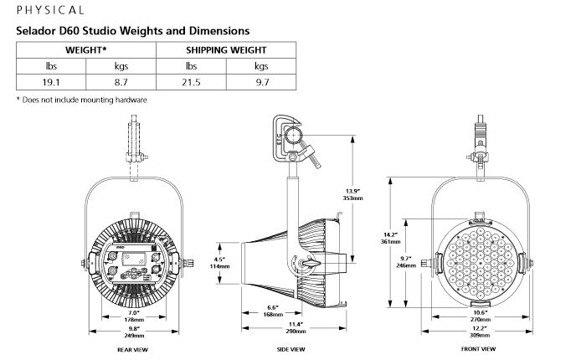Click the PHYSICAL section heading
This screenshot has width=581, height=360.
50,10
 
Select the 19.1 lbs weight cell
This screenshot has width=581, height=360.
51,82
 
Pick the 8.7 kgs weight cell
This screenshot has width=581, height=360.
121,82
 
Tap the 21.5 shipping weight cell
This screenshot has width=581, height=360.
191,82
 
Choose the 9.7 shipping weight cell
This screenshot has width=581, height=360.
261,82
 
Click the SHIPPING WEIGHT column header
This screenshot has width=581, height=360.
226,50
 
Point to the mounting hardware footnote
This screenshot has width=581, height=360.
82,100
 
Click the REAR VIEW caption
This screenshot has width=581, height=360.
132,350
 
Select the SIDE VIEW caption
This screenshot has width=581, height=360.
290,349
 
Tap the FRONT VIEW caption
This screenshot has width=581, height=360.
478,349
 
